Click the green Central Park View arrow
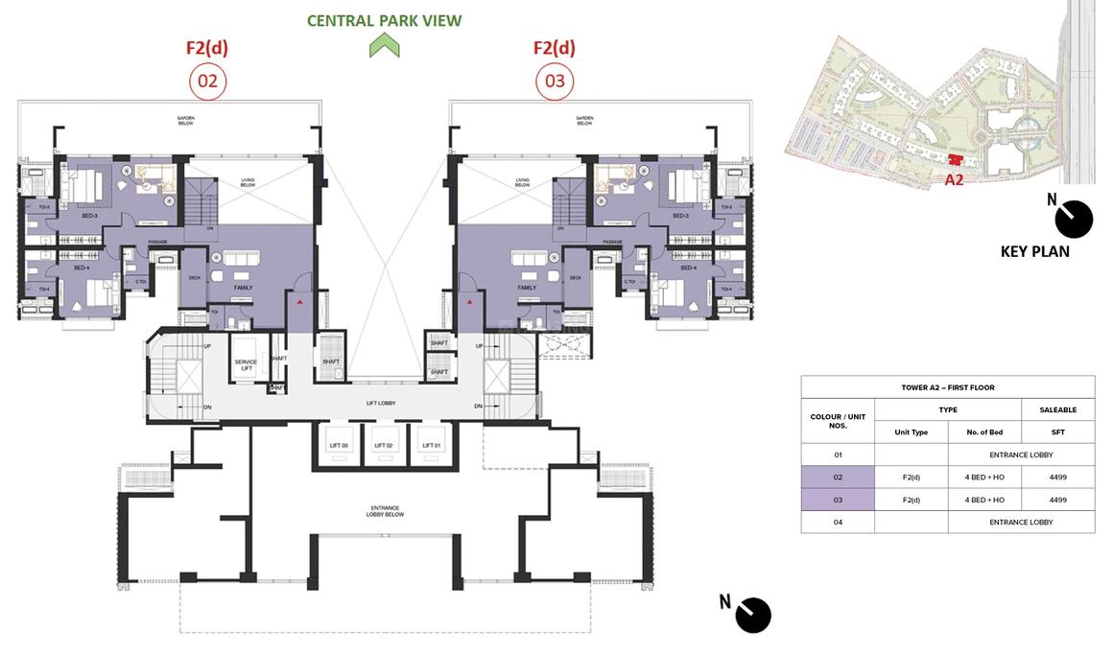(x=384, y=45)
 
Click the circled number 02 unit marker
(x=207, y=82)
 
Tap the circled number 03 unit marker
(x=555, y=82)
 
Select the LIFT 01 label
(x=429, y=445)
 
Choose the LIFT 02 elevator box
(x=383, y=446)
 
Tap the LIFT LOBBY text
(x=381, y=404)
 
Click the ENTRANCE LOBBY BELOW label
(x=384, y=511)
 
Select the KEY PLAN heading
(x=1034, y=251)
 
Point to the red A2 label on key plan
(x=954, y=178)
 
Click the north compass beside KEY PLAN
(x=1072, y=219)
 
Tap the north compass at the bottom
(x=753, y=615)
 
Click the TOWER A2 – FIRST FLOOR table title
(x=947, y=387)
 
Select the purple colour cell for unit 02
(x=838, y=477)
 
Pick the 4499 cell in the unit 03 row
(x=1057, y=500)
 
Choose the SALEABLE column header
(x=1057, y=409)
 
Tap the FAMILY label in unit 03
(x=527, y=287)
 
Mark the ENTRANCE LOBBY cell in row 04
(x=1021, y=522)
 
